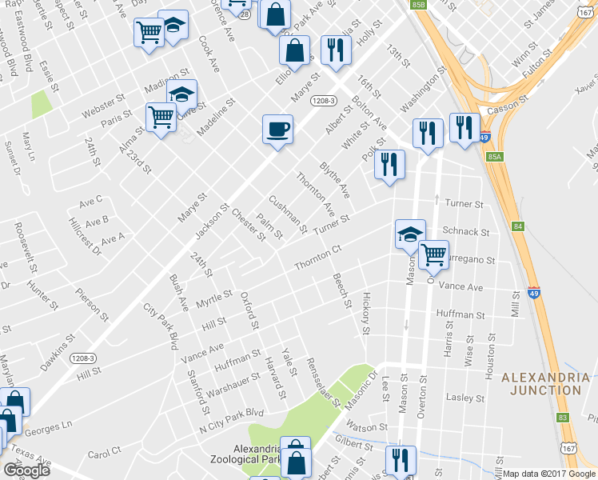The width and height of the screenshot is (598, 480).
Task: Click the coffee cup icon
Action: click(277, 129)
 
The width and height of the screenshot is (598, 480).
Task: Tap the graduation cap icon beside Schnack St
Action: click(410, 234)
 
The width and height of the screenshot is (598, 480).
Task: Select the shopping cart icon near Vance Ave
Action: click(433, 254)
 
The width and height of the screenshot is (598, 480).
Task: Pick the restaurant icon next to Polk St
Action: click(389, 165)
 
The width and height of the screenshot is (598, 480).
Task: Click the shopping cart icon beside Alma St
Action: click(161, 118)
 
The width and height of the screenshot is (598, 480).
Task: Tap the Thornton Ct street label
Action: click(318, 257)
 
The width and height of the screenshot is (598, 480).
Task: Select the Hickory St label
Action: click(366, 313)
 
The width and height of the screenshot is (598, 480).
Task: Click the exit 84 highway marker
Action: click(518, 227)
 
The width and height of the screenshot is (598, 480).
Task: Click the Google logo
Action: click(26, 470)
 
